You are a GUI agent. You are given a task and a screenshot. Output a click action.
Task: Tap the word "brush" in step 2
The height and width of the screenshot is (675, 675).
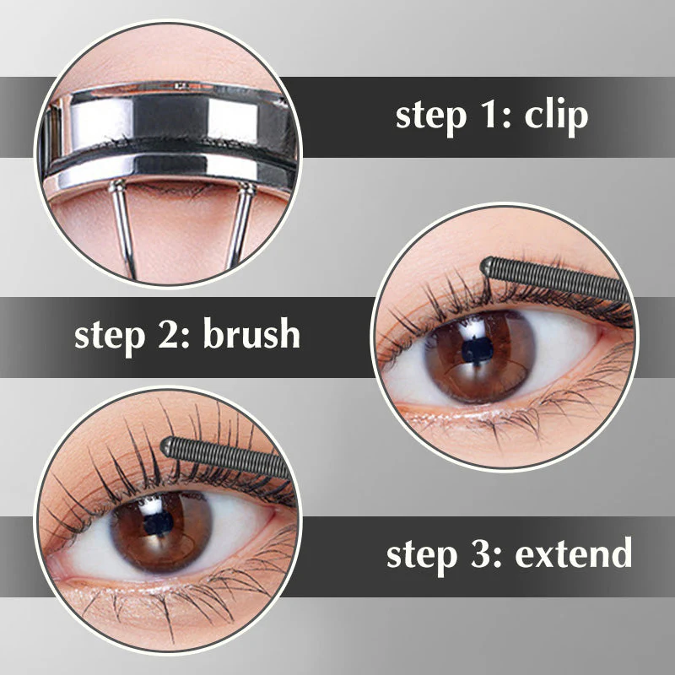tap(251, 334)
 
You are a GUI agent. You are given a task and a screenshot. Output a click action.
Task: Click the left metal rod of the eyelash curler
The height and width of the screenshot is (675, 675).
tap(124, 228)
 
